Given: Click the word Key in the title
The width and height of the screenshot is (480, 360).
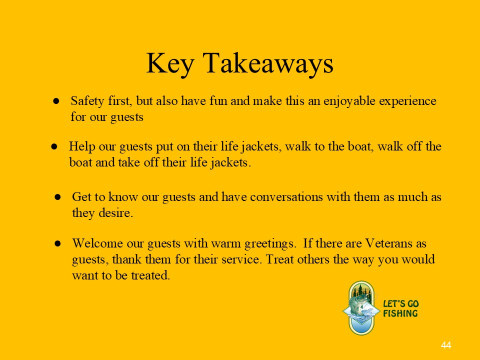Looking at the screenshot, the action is point(170,64).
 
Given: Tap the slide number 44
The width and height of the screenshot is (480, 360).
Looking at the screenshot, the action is point(446,345).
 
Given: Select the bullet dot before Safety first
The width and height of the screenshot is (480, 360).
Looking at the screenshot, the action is point(56,101).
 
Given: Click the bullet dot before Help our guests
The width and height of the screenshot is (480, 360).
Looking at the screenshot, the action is point(54,147).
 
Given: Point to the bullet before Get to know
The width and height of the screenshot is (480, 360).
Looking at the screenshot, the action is point(57,197).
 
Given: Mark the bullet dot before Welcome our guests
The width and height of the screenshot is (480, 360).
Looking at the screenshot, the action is point(57,243).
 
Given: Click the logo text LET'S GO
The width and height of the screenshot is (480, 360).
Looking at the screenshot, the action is point(400,304).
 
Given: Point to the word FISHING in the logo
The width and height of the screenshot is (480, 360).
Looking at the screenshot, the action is point(400,313).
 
